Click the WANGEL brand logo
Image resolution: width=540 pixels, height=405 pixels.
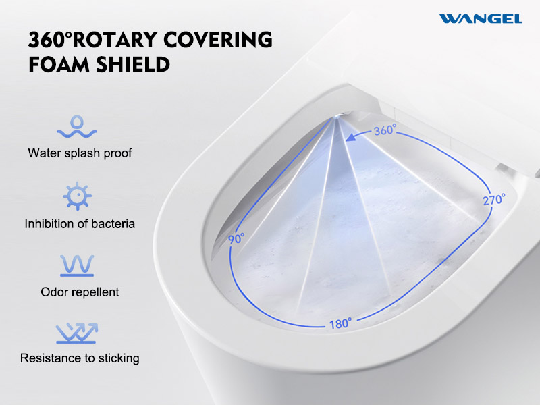481,19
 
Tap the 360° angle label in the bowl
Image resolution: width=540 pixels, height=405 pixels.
385,130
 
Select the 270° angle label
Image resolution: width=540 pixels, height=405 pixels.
494,199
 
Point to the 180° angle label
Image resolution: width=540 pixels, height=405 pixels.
341,323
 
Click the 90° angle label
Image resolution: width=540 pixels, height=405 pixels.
236,238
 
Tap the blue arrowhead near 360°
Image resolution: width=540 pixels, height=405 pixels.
351,137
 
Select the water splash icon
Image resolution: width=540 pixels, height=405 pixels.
77,126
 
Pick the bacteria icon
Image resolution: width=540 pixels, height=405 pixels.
77,196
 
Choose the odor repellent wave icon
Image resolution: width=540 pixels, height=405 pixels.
77,265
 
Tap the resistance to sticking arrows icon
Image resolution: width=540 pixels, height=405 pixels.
77,333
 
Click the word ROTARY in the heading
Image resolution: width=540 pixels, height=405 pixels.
115,40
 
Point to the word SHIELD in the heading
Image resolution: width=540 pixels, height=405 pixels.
133,64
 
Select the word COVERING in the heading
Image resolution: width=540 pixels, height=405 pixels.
218,40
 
